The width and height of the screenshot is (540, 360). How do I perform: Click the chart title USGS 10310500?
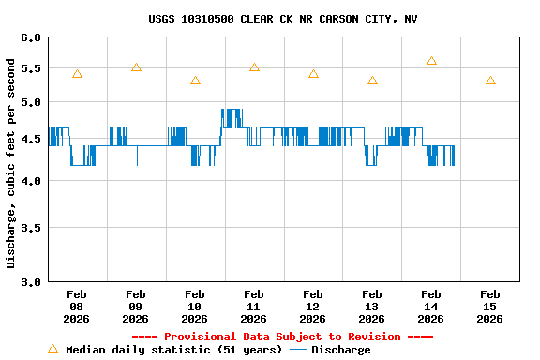coord(282,19)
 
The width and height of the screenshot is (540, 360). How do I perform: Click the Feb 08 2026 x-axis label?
coord(77,307)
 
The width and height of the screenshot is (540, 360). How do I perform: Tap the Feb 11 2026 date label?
coord(254,307)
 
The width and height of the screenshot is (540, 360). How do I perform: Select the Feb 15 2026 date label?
coord(489,307)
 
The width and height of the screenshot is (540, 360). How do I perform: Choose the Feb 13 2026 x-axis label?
coord(372,307)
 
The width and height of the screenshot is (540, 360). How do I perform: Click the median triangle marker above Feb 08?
coord(77,74)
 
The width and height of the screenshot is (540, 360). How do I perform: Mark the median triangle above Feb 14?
coord(431,61)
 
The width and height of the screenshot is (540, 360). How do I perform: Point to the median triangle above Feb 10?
coord(195,81)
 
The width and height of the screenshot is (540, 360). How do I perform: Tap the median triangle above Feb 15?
coord(490,81)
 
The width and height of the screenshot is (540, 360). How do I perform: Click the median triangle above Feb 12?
coord(313,74)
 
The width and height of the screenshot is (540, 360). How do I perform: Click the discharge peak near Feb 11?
coord(232,111)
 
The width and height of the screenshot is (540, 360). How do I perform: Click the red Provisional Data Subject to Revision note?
coord(282,337)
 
